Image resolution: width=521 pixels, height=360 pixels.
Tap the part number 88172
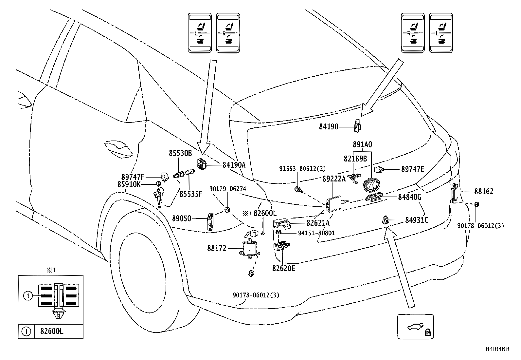tap(216, 248)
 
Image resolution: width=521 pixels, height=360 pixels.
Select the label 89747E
tap(412, 169)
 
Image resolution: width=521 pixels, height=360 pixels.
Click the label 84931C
tap(416, 220)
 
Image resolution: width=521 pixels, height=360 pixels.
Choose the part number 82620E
tap(283, 269)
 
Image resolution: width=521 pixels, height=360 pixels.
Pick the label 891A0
tap(362, 144)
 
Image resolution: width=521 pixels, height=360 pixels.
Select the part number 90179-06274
tap(228, 189)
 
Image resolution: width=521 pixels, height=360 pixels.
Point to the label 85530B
tap(180, 153)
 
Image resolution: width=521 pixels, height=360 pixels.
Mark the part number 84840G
tap(409, 197)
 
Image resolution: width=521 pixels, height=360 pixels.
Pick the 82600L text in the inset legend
tap(52, 331)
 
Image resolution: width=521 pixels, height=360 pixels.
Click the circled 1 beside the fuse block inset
tap(28, 296)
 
